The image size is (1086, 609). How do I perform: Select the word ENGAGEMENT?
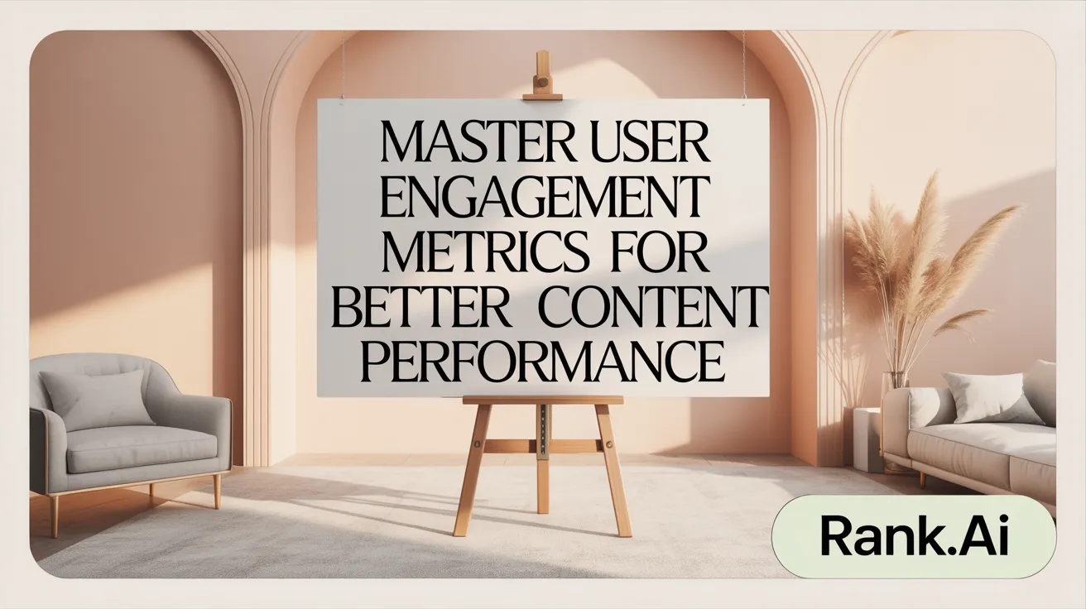(x=543, y=199)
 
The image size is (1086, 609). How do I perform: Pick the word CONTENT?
(x=651, y=309)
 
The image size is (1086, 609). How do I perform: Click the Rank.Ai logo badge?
(x=913, y=537)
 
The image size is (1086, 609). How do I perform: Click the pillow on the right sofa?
(x=992, y=398)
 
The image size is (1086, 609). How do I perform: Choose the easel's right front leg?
(x=613, y=472)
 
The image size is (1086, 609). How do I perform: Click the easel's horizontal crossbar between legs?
(x=542, y=446)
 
